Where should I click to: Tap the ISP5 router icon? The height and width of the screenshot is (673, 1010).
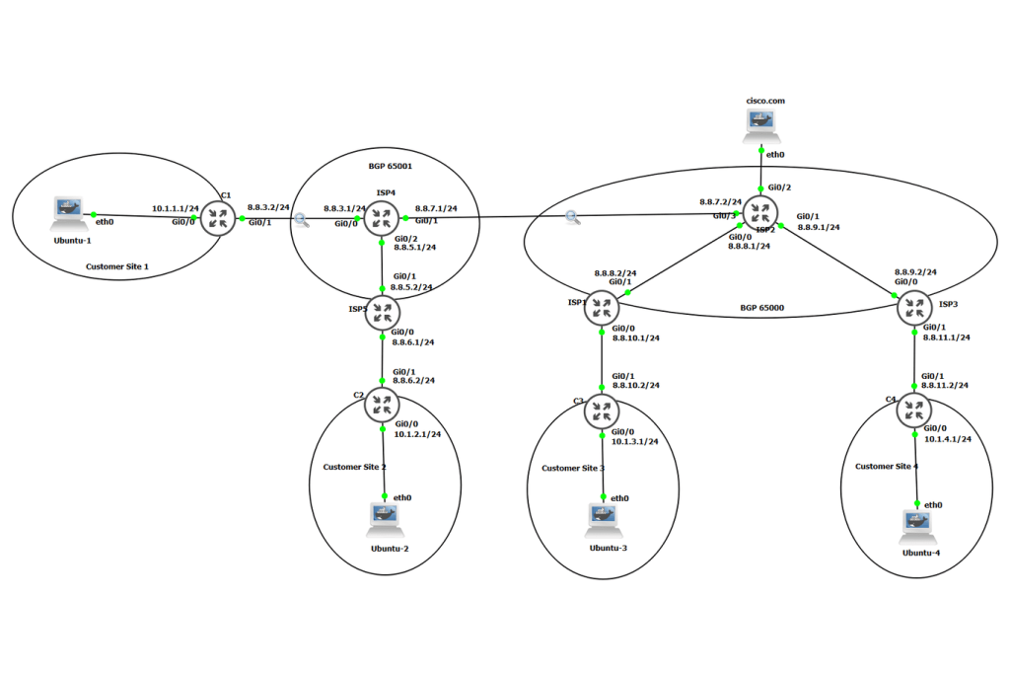[x=383, y=312]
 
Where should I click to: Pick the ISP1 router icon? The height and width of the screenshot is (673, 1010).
[x=600, y=309]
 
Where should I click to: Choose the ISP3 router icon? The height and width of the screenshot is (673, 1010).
[x=913, y=309]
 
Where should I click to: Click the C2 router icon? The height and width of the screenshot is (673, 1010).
[x=383, y=406]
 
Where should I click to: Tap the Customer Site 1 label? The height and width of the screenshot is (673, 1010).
[x=116, y=266]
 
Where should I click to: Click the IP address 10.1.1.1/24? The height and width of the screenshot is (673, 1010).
[x=176, y=209]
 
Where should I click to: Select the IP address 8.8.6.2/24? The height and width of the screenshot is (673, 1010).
[x=413, y=379]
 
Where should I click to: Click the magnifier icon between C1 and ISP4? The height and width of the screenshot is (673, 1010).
[x=302, y=221]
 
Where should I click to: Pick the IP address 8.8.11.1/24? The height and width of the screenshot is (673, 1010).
[x=947, y=336]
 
